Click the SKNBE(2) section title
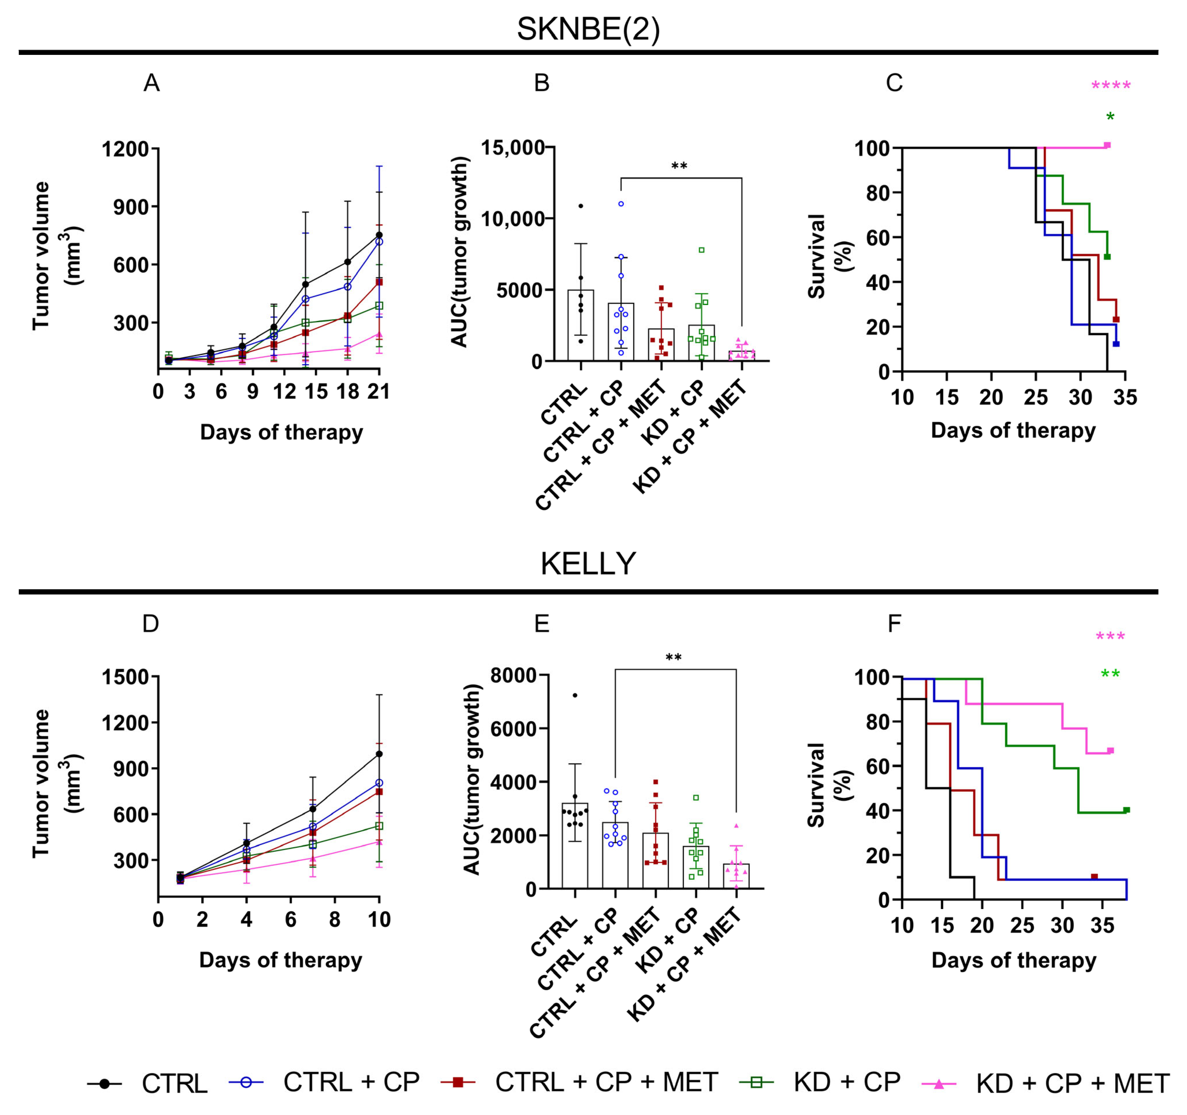pyautogui.click(x=588, y=29)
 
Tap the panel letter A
pyautogui.click(x=152, y=83)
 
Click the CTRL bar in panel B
pyautogui.click(x=580, y=326)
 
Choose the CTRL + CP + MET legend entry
pyautogui.click(x=606, y=1082)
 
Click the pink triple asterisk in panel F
pyautogui.click(x=1110, y=637)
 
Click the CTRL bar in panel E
pyautogui.click(x=574, y=846)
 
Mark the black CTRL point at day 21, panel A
pyautogui.click(x=379, y=235)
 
